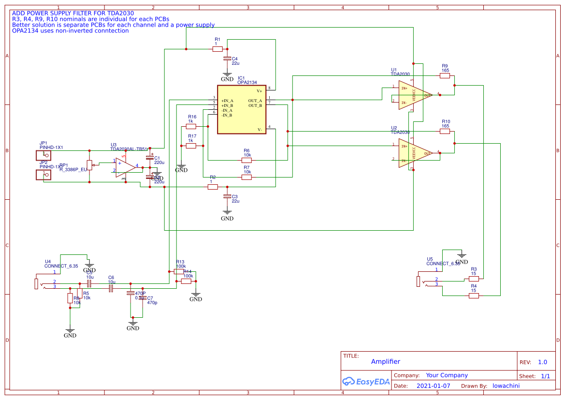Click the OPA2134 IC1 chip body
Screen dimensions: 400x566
(x=241, y=110)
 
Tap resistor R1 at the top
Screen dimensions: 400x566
(x=218, y=49)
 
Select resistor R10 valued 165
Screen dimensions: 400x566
(x=445, y=131)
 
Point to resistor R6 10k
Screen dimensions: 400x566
(x=247, y=160)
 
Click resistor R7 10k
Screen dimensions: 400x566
(x=247, y=177)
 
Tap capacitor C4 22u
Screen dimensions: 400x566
(x=227, y=59)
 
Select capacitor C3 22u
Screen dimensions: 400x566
(x=227, y=197)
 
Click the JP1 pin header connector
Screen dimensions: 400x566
(x=44, y=155)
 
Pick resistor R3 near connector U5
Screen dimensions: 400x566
(x=474, y=279)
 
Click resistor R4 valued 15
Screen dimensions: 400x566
(x=474, y=296)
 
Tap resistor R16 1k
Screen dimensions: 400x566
(x=191, y=126)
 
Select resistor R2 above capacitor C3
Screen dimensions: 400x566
(x=213, y=187)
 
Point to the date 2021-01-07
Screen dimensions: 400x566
(x=433, y=386)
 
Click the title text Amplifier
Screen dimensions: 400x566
(x=386, y=362)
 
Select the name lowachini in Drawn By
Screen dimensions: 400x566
(x=506, y=386)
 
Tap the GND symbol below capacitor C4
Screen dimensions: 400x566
(x=227, y=76)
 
